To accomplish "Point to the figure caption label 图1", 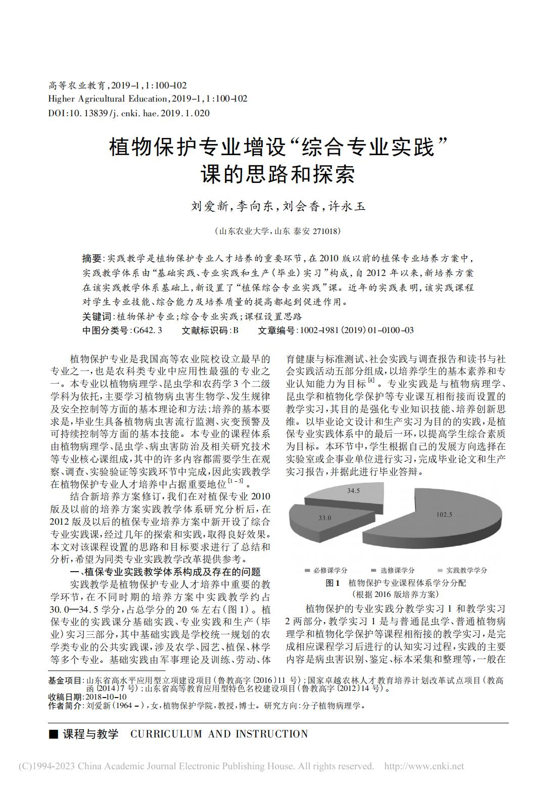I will click(x=333, y=583).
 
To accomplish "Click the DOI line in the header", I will click(x=129, y=113).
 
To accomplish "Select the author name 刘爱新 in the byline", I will click(x=209, y=206).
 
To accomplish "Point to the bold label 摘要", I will click(x=91, y=258).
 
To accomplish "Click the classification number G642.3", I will click(x=147, y=330).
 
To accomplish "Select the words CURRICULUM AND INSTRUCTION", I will click(x=219, y=734).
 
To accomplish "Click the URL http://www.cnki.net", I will click(x=424, y=766).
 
